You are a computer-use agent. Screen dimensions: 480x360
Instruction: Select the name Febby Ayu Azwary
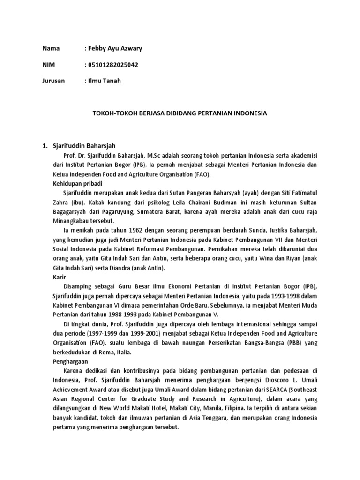coord(115,49)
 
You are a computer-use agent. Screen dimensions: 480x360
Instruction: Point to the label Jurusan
coord(53,81)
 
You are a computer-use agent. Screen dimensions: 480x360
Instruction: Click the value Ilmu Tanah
coord(105,81)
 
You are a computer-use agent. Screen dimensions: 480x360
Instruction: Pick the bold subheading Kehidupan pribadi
coord(77,183)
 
